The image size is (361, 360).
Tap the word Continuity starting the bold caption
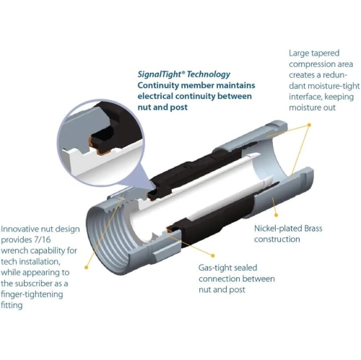click(161, 85)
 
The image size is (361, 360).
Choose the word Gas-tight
click(215, 267)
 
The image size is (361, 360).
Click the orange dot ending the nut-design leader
click(87, 267)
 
